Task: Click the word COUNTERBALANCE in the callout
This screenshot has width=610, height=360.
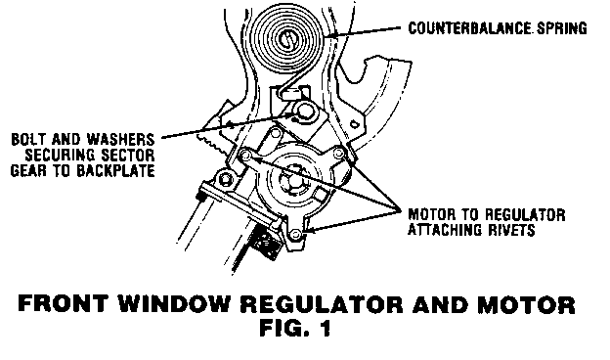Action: [470, 28]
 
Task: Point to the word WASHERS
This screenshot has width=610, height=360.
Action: [120, 139]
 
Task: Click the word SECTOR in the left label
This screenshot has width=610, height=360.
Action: [127, 155]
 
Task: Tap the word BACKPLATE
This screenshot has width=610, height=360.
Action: [115, 170]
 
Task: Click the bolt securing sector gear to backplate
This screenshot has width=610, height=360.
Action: [304, 112]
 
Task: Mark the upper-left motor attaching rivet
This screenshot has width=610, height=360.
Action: [245, 157]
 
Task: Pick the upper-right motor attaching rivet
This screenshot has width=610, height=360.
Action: [339, 154]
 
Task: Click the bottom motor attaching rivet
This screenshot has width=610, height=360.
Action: [295, 234]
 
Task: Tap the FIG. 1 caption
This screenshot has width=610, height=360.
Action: [295, 328]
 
